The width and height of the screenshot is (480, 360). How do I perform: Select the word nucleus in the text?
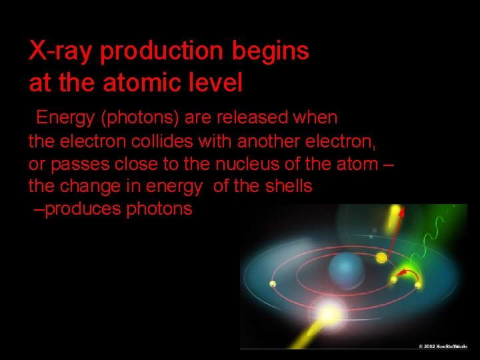(245, 164)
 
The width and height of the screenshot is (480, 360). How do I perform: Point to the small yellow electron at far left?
(272, 284)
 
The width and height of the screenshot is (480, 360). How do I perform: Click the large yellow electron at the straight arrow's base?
(381, 257)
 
